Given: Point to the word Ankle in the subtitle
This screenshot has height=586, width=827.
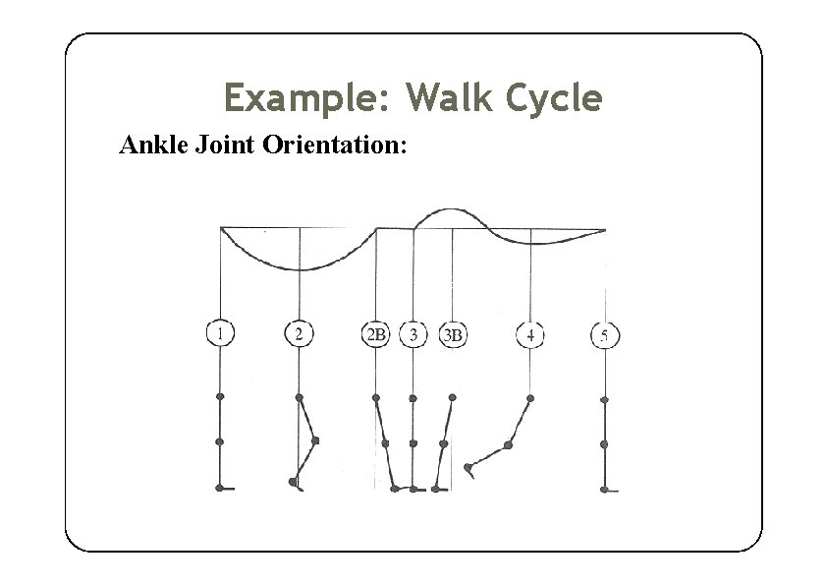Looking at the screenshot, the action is (153, 146).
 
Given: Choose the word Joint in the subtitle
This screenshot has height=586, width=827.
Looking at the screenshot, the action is (228, 146).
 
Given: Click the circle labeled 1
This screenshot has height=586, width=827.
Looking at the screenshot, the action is (220, 334).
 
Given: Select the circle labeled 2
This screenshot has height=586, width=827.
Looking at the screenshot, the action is (299, 334).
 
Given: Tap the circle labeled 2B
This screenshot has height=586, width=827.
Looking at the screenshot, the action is (376, 335).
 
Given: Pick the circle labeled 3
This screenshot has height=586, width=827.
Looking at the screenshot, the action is (413, 335).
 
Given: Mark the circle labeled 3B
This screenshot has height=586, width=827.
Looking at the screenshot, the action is (453, 335).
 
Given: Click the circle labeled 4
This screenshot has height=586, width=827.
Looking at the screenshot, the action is (530, 335).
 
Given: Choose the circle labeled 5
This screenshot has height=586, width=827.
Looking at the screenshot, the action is (605, 336).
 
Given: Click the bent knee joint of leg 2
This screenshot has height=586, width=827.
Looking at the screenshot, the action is (315, 441).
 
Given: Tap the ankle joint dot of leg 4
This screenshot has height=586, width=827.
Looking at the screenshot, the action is (469, 467).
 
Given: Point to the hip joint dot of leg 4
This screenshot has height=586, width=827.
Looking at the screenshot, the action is (530, 398).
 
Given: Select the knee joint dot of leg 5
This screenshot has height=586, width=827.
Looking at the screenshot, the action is (604, 444).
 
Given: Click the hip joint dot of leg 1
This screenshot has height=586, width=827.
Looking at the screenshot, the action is (220, 397).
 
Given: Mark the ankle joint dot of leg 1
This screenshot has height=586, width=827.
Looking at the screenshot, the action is (220, 488).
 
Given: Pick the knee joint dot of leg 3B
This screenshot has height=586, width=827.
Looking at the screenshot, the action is (445, 443).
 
